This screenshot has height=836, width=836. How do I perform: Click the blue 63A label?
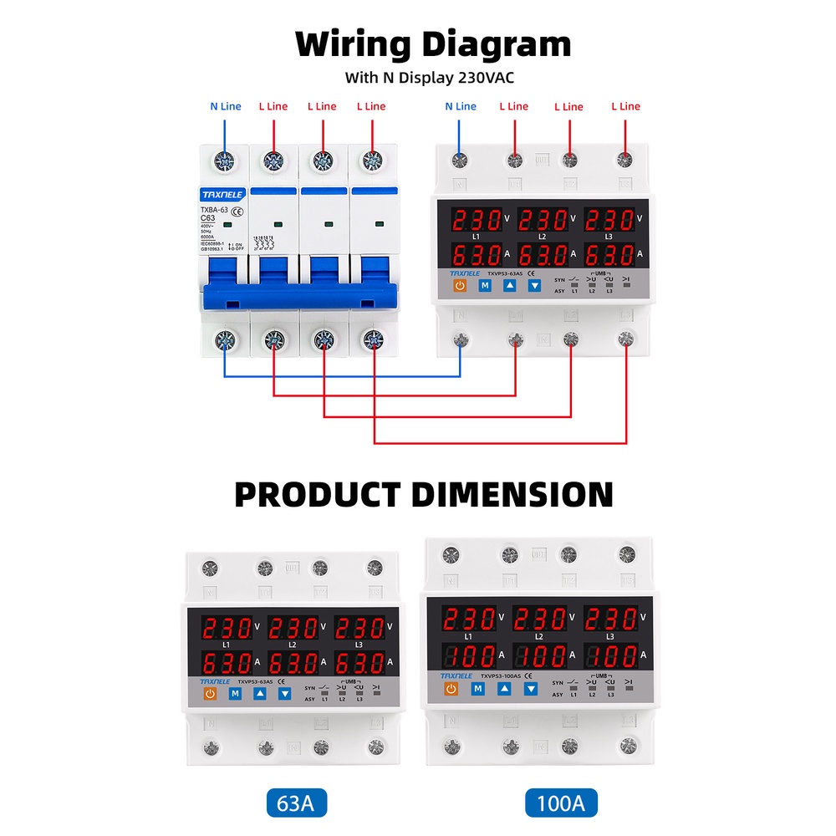tap(296, 803)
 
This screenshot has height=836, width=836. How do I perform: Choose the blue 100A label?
tap(561, 803)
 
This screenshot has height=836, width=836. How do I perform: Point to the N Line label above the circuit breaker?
tap(225, 106)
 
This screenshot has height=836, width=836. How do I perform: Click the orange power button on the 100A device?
tap(451, 689)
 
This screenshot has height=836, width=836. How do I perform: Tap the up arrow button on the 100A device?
tap(504, 689)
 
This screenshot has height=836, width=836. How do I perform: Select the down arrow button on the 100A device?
tap(530, 689)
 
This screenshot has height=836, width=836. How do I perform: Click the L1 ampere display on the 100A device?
tap(467, 655)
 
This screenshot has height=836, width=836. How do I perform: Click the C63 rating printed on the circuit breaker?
tap(209, 218)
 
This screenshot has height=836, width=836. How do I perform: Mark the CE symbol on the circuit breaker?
tap(237, 212)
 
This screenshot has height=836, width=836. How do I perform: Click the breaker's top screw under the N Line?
tap(224, 159)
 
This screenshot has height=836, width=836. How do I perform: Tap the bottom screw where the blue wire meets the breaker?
tap(225, 340)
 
